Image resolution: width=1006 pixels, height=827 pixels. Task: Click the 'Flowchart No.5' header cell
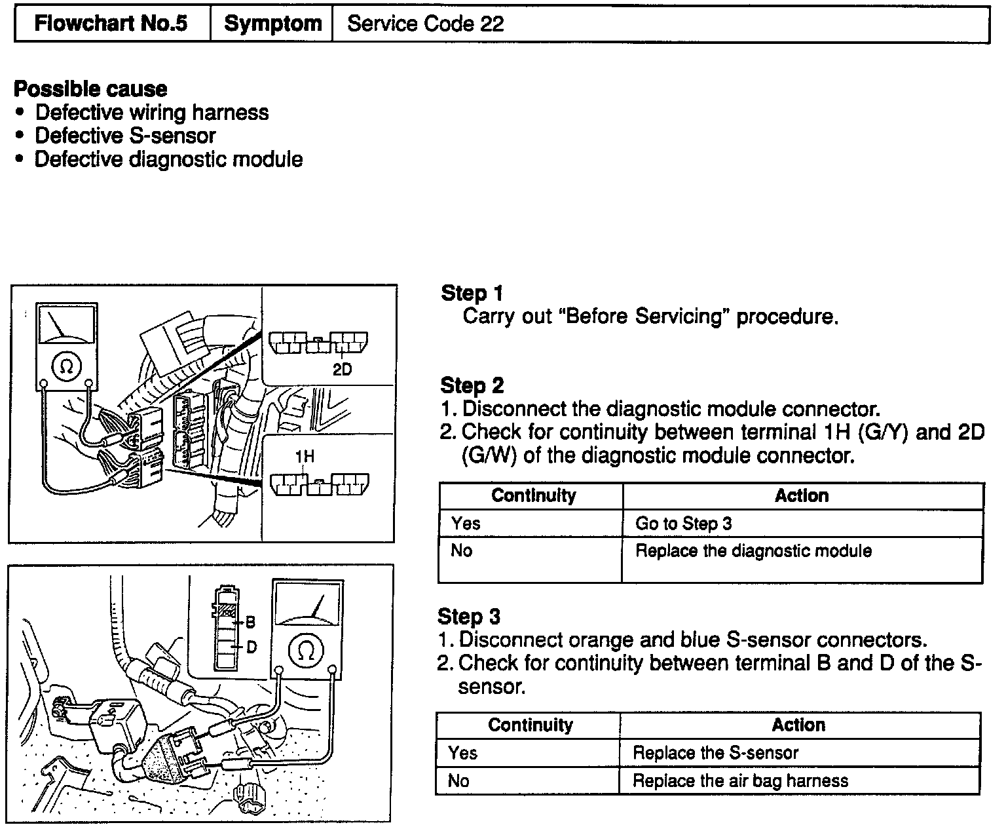point(111,24)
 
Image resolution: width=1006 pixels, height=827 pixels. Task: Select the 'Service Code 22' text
point(425,24)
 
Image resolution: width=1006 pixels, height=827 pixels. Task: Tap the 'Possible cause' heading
point(90,88)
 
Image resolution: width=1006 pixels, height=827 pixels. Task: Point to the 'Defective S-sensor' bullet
point(125,136)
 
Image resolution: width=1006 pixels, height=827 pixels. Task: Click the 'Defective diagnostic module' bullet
point(168,159)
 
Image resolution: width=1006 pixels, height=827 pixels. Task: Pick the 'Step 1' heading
point(472,293)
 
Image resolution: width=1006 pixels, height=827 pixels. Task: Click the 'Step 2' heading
point(472,385)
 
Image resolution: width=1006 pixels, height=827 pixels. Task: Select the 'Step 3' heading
point(468,616)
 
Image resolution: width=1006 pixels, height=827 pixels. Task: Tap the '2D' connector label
point(342,370)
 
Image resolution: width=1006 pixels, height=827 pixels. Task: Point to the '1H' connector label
point(305,457)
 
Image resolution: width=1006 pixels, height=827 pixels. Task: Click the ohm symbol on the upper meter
point(66,366)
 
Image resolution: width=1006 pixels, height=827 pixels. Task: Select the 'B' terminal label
point(250,622)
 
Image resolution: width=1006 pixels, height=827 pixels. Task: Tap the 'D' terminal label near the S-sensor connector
point(251,647)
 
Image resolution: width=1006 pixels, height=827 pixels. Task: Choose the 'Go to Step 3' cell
point(683,524)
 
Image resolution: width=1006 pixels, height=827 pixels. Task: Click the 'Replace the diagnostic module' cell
point(753,550)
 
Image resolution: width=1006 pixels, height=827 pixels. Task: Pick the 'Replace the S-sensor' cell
point(715,753)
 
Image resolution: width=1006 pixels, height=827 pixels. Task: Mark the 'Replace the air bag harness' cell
point(740,780)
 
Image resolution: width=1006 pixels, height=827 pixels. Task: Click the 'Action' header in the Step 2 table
point(802,496)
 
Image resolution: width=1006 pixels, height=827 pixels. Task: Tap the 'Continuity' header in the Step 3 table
point(530,725)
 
